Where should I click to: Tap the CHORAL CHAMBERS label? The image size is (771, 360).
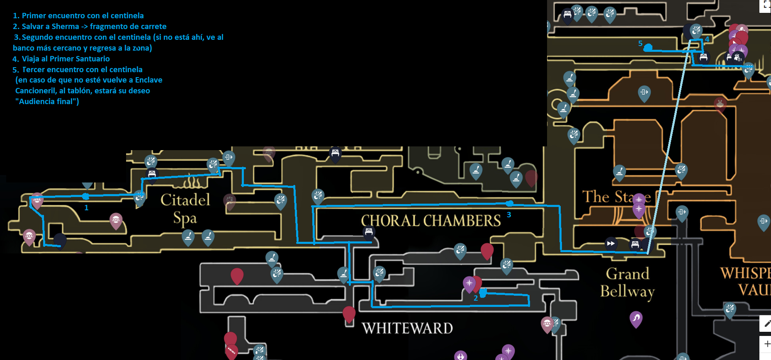coord(431,221)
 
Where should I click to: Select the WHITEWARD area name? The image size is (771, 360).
coord(407,328)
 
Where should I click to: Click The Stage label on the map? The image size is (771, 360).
coord(616,197)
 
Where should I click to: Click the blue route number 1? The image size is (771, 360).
coord(86,208)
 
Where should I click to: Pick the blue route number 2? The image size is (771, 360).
coord(476,298)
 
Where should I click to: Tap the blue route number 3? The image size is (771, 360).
coord(509,215)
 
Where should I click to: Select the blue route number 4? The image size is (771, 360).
coord(707,39)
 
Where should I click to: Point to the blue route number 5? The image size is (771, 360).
coord(640,44)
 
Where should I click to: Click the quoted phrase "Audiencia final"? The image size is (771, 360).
coord(47,102)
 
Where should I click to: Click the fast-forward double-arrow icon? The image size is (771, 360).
coord(610,243)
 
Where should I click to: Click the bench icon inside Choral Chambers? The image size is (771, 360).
coord(369,232)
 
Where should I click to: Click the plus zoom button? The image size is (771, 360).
coord(767,344)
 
